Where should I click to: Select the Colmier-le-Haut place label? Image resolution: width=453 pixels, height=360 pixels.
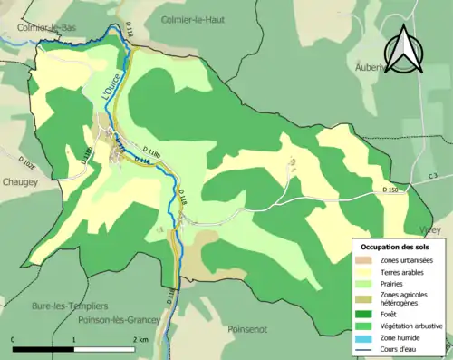pyautogui.click(x=192, y=18)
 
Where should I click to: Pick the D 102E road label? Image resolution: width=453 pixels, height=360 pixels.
pyautogui.click(x=28, y=162)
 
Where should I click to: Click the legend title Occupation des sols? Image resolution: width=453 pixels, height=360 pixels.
pyautogui.click(x=398, y=247)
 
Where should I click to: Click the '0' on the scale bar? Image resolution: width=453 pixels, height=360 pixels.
pyautogui.click(x=14, y=340)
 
